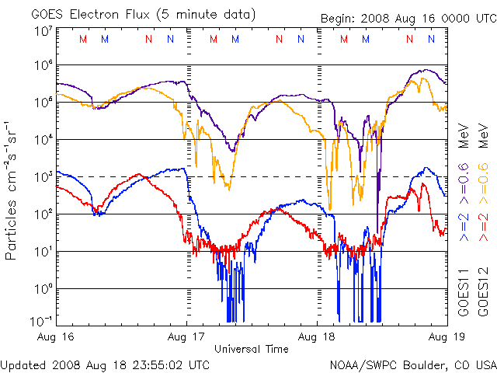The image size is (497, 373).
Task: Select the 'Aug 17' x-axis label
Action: click(x=187, y=337)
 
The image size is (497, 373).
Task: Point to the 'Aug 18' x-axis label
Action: click(x=318, y=337)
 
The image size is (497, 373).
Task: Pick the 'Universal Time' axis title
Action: click(x=252, y=349)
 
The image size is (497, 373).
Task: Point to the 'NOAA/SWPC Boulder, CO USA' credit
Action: click(x=412, y=364)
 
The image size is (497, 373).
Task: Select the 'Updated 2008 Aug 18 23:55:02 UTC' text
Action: click(x=105, y=364)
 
